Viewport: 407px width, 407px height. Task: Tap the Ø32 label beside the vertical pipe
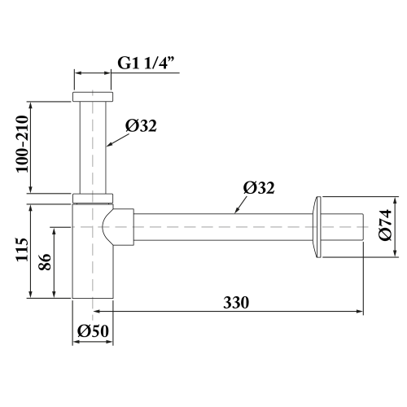[x=142, y=125]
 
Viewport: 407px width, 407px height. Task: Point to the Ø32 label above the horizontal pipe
[x=259, y=187]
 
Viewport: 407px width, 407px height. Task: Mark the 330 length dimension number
[x=236, y=301]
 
